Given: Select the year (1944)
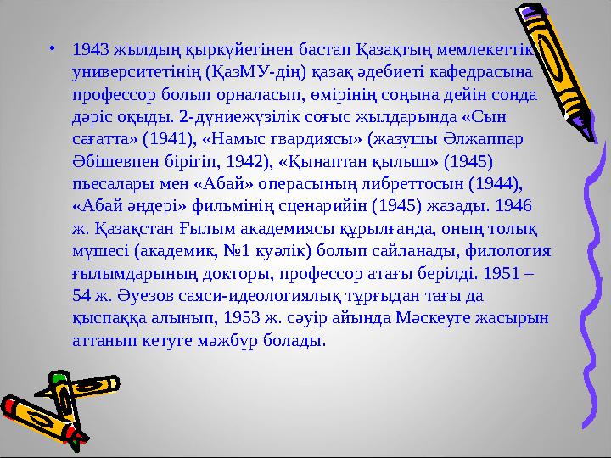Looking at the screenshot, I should [x=499, y=183].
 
